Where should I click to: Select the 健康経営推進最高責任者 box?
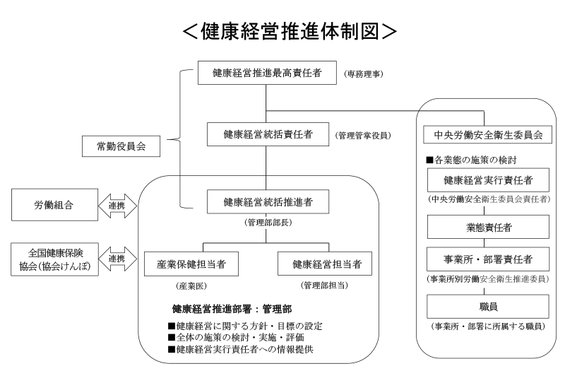(x=266, y=73)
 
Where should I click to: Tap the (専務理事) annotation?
(x=364, y=73)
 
